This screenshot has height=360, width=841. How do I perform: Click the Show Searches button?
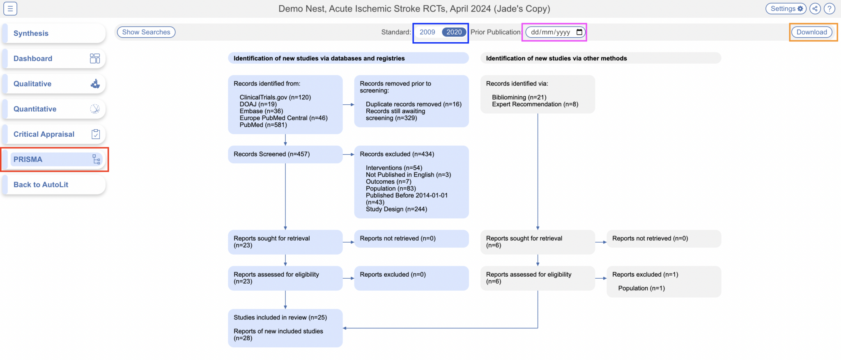pos(146,32)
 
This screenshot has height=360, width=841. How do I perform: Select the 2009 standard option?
pos(427,32)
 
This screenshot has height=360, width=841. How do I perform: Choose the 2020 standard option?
pos(454,32)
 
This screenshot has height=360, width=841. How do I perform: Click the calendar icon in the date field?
pos(579,32)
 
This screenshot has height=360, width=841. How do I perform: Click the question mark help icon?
pos(830,9)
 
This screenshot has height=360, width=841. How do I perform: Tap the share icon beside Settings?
pos(815,9)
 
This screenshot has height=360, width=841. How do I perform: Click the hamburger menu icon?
pos(10,9)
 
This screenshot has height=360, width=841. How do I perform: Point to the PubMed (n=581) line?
pos(263,125)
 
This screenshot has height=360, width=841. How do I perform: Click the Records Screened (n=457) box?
pos(285,154)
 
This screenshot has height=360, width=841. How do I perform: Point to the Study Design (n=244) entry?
pos(396,209)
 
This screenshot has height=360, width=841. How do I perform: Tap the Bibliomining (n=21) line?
pos(519,97)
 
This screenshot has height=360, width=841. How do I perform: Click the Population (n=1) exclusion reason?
pos(641,288)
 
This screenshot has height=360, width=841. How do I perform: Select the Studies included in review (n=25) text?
pos(280,317)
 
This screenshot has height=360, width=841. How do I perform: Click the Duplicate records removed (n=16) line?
pos(414,104)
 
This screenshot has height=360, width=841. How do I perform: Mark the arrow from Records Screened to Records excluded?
pos(348,154)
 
